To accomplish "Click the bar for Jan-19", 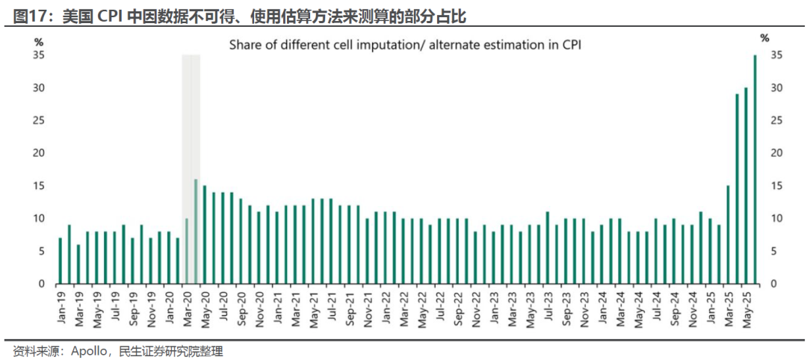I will click(x=61, y=261).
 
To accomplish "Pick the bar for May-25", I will click(x=746, y=186).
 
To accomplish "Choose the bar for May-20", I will click(x=205, y=235).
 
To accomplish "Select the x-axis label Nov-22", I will click(x=475, y=307).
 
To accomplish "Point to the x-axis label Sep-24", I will click(x=672, y=307).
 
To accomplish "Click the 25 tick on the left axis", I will click(x=40, y=121).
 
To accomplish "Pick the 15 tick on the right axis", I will click(x=776, y=186).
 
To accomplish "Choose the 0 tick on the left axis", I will click(x=43, y=284).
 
